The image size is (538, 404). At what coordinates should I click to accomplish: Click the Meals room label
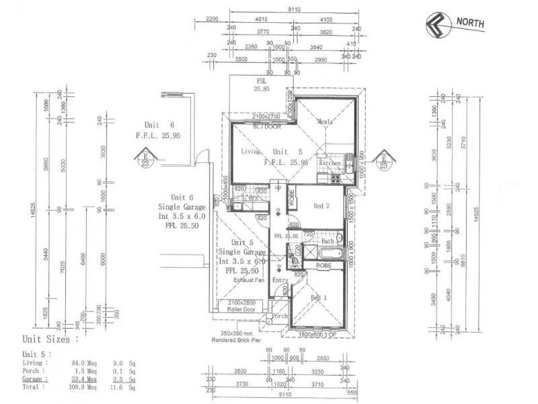tap(325, 122)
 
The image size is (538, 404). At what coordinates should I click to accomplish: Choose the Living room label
tap(251, 152)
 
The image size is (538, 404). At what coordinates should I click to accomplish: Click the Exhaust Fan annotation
tap(248, 279)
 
